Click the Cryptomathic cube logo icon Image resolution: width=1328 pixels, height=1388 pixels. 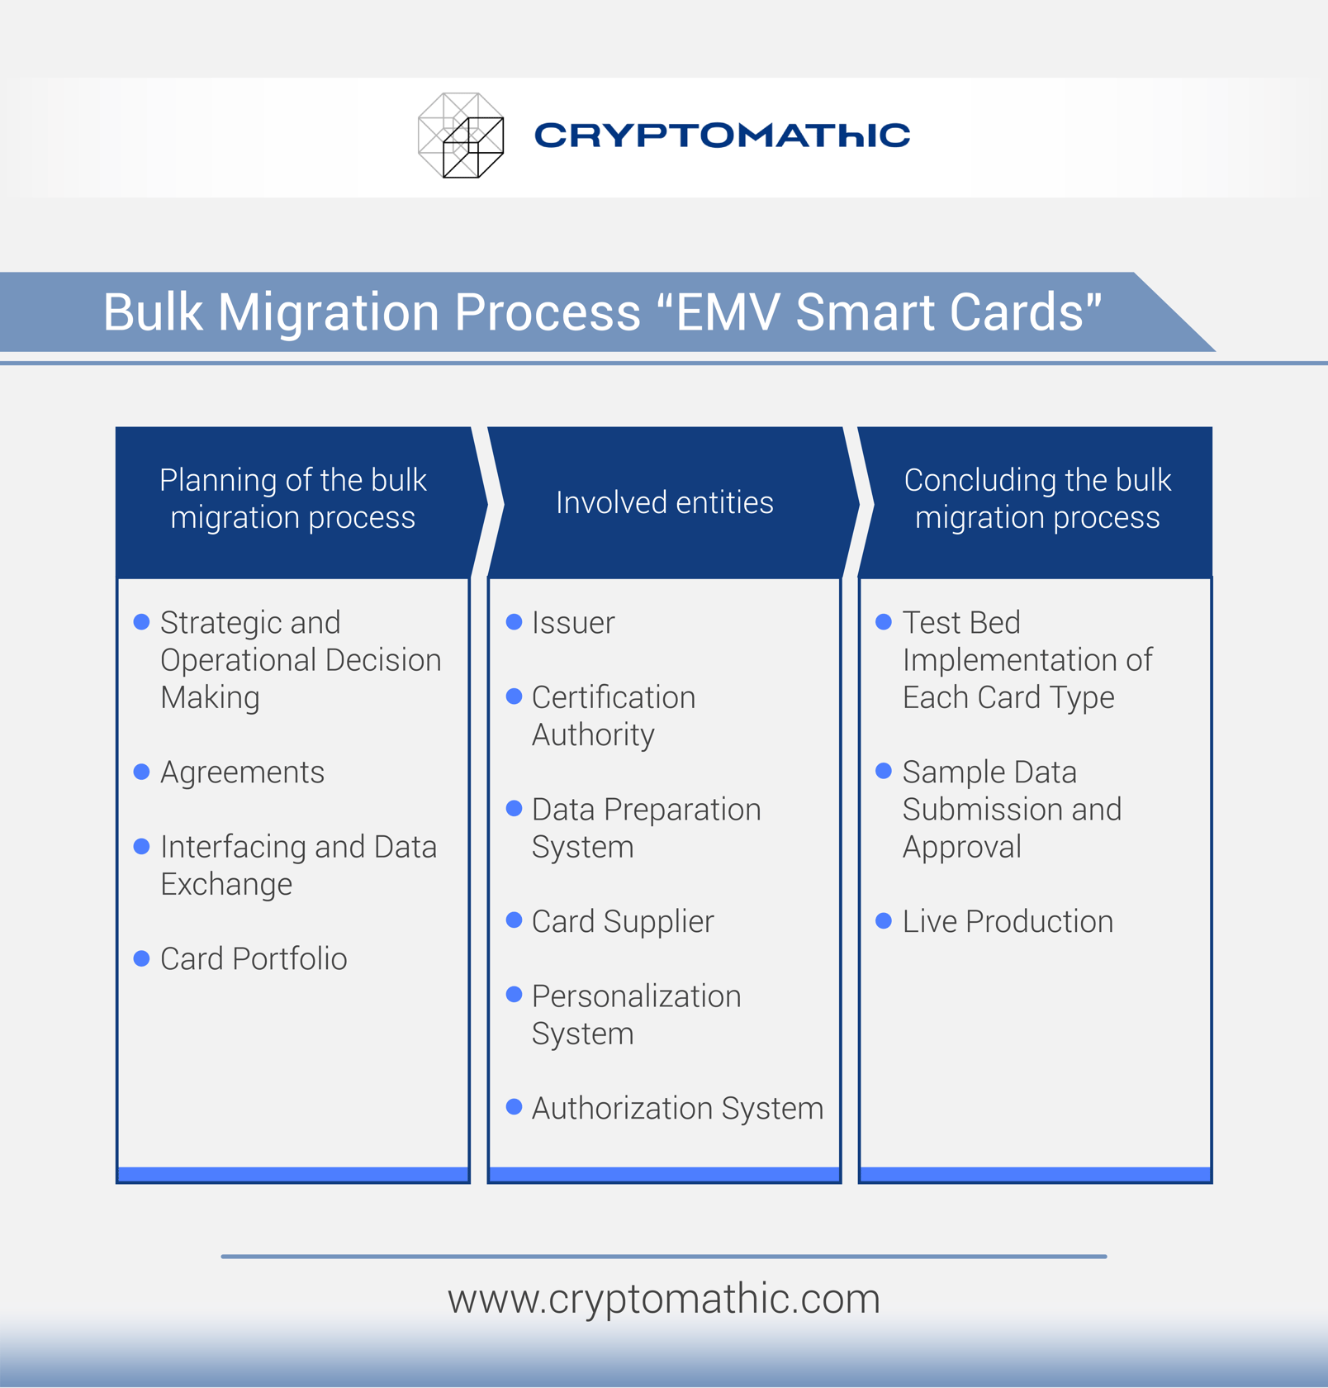point(461,135)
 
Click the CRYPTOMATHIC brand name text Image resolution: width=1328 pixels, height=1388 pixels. point(722,135)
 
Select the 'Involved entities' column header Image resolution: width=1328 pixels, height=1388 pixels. point(664,502)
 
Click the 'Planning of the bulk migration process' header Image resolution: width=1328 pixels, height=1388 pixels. point(292,498)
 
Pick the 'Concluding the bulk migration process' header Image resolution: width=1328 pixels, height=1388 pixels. point(1036,498)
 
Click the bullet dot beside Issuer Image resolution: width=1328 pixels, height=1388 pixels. point(514,621)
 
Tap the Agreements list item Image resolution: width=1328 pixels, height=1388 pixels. point(242,772)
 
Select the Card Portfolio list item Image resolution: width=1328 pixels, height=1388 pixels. point(254,958)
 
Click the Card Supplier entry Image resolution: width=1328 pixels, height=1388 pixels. point(623,921)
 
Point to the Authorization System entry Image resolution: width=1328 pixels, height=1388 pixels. point(677,1108)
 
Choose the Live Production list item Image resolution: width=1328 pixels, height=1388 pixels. point(1008,921)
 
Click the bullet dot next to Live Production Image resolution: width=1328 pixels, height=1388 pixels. point(884,920)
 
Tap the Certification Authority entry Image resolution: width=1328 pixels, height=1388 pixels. point(613,715)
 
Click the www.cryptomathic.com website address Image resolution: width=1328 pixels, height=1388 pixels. point(664,1298)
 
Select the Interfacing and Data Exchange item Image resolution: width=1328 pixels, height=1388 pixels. point(298,865)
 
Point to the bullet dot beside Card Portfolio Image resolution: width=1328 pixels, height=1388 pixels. point(141,958)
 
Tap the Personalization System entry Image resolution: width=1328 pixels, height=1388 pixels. point(636,1015)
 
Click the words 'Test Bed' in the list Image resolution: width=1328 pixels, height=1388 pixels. point(961,622)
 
